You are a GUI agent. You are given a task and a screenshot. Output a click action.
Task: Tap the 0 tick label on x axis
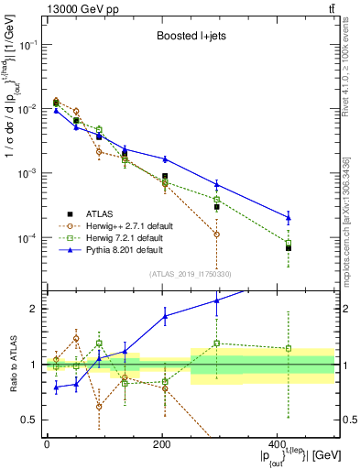[46, 444]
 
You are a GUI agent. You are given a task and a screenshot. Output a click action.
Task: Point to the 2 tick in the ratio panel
[36, 309]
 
